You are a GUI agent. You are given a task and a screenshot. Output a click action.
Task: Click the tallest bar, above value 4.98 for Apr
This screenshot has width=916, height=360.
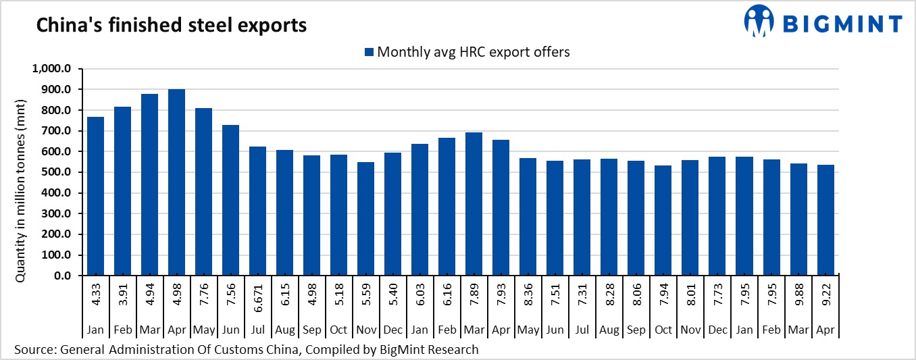click(x=176, y=182)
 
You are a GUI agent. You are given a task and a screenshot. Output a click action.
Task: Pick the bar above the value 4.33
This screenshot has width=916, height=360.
click(x=95, y=196)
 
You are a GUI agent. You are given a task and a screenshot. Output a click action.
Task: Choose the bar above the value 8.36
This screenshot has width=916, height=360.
click(x=528, y=217)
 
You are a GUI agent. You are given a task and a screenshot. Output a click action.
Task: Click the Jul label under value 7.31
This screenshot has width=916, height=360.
click(x=582, y=330)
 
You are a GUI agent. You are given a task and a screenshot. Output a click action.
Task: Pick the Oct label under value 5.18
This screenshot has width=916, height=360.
click(x=338, y=330)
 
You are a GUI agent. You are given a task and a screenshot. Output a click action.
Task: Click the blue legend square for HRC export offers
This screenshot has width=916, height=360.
click(x=369, y=52)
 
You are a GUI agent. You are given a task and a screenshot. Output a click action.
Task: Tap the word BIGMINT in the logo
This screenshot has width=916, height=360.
click(x=842, y=24)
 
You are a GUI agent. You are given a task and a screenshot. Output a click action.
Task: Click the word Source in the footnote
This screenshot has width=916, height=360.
click(x=33, y=350)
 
